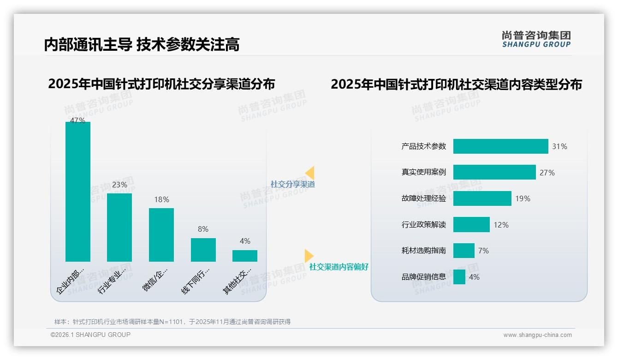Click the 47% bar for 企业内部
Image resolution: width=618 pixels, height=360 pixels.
(x=78, y=192)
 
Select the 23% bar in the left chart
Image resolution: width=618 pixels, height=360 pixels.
(x=119, y=228)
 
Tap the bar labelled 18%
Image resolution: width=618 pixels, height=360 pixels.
(x=161, y=235)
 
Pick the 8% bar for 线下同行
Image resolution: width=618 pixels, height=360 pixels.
(x=203, y=250)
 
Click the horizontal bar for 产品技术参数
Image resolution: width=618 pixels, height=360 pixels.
(x=500, y=146)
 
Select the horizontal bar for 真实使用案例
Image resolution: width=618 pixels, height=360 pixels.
(x=494, y=172)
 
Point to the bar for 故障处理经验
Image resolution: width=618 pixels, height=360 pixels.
(x=482, y=198)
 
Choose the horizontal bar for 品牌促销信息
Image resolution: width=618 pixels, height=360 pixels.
(x=459, y=277)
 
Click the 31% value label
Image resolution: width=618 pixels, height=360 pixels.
(x=559, y=147)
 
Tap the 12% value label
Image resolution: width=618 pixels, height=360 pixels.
(x=501, y=225)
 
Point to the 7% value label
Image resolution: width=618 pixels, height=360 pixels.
(x=483, y=251)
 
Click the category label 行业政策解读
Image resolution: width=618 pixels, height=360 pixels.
(x=424, y=225)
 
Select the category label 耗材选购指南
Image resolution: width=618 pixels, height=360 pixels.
(x=424, y=251)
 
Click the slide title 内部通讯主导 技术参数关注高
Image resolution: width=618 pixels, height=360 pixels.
(x=142, y=44)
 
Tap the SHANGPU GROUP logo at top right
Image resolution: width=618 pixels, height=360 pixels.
(x=536, y=39)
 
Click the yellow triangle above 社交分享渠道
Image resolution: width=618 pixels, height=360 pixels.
(x=310, y=173)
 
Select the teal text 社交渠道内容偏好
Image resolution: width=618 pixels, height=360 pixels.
(x=339, y=267)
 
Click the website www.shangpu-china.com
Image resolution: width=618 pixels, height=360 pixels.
(x=537, y=335)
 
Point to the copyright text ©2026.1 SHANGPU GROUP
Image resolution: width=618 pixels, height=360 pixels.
(x=90, y=335)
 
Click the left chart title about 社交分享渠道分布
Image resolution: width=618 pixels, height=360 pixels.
(x=161, y=84)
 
